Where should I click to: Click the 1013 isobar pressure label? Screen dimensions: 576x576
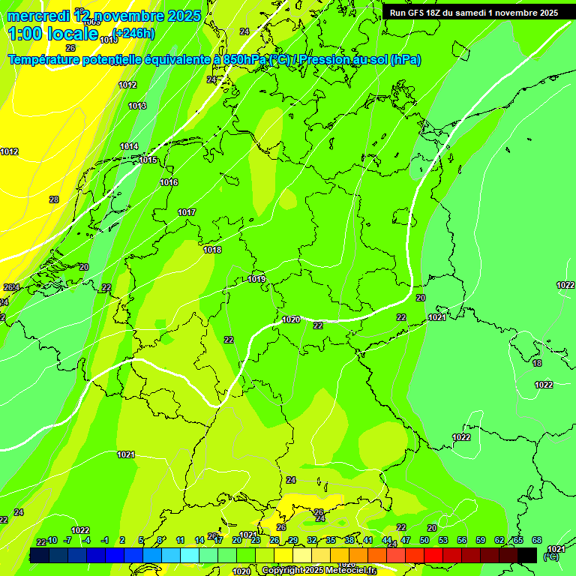point(137,106)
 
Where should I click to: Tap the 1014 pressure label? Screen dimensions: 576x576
point(129,146)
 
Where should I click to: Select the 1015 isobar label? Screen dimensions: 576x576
point(148,160)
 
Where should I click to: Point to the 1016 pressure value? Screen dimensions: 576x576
point(169,182)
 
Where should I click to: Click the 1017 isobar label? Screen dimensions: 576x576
point(187,212)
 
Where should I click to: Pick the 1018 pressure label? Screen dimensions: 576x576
point(212,250)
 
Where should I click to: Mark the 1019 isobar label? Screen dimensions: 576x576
point(256,279)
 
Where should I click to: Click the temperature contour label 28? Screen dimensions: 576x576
point(54,199)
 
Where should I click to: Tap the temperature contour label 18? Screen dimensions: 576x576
point(537,363)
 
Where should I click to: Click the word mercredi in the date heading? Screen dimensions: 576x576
point(37,16)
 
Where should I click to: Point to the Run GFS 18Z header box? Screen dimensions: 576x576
point(474,12)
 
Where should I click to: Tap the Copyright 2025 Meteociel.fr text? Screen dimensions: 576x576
point(319,570)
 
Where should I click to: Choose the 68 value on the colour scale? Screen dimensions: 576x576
point(537,540)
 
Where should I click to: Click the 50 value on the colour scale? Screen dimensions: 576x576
point(424,540)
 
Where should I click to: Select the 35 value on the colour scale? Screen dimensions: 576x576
point(331,540)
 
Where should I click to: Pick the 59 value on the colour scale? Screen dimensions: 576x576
point(481,540)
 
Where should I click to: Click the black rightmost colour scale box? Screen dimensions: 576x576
point(527,555)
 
